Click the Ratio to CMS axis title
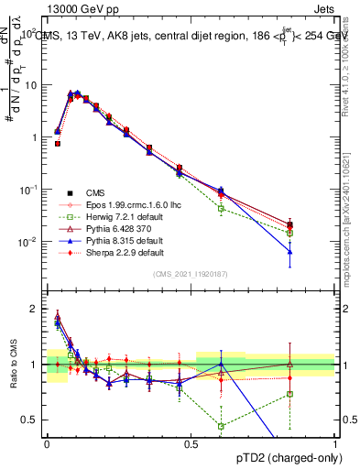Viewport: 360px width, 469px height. pos(12,364)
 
